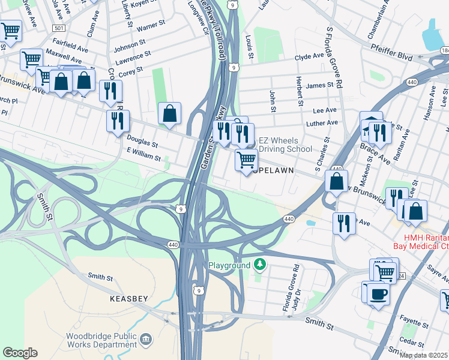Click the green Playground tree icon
click(x=259, y=264)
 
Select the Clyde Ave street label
click(x=309, y=56)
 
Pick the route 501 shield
click(x=58, y=28)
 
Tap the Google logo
click(x=20, y=353)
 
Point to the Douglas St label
click(x=142, y=141)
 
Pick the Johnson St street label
click(x=130, y=44)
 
